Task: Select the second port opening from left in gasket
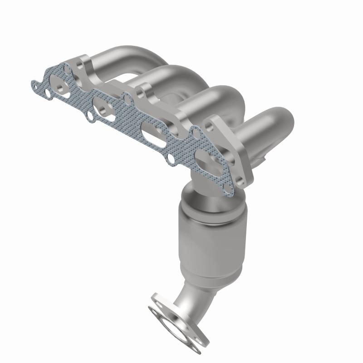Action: tap(103, 108)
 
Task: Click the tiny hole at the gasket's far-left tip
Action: tap(35, 84)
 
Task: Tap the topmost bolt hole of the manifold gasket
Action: tap(67, 69)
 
